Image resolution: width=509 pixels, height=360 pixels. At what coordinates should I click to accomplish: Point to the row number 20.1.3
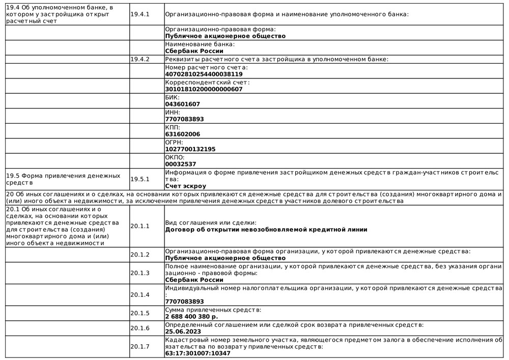pos(140,273)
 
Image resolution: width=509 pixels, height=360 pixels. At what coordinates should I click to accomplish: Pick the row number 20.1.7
pos(140,346)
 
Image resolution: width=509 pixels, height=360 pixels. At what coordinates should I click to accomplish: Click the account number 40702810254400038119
pos(204,74)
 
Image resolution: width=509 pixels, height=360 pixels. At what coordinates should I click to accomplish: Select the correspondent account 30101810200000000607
pos(204,89)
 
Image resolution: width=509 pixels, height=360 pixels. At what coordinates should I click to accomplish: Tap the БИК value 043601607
pos(183,104)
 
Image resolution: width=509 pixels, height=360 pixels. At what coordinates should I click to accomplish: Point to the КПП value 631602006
pos(183,134)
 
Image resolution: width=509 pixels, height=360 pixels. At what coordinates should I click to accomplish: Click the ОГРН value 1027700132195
pos(190,149)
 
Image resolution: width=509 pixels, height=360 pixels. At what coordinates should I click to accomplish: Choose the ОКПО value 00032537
pos(181,164)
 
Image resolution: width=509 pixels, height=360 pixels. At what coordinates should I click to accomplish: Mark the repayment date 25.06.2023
pos(183,331)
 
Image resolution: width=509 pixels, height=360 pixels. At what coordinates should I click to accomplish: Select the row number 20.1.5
pos(140,313)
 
